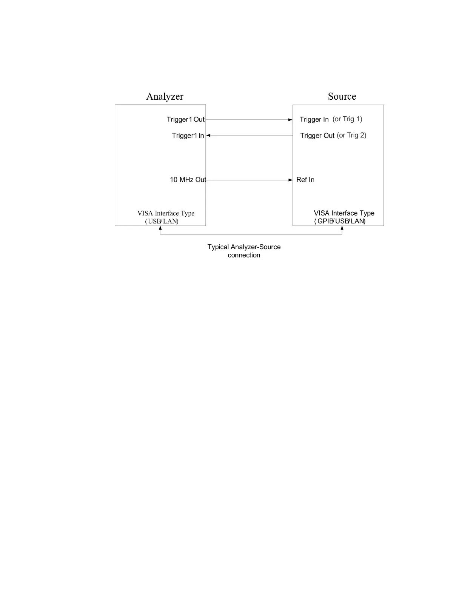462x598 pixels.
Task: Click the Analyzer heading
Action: click(x=165, y=97)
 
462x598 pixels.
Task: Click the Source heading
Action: click(x=342, y=97)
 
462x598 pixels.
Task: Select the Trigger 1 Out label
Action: click(x=185, y=120)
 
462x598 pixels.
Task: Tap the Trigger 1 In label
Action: click(x=188, y=136)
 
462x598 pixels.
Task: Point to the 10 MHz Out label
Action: click(x=188, y=180)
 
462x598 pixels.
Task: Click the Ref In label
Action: click(x=305, y=180)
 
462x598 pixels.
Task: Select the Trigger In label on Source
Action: click(x=314, y=120)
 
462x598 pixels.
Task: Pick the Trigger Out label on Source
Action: click(x=317, y=136)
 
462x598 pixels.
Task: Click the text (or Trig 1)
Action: click(x=347, y=119)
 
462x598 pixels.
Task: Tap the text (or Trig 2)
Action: click(x=351, y=135)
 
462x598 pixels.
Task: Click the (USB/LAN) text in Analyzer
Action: click(x=162, y=221)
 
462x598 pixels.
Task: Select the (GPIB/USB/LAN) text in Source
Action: click(x=340, y=221)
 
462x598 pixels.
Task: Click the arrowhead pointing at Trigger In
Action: click(x=290, y=120)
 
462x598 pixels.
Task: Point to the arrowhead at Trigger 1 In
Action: click(x=208, y=136)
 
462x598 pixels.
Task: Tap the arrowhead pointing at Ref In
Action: click(x=290, y=180)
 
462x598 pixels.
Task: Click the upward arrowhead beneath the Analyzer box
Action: click(x=160, y=228)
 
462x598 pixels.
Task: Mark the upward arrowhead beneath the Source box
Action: click(x=342, y=228)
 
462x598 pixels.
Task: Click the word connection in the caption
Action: click(x=244, y=255)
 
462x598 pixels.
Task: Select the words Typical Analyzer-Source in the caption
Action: click(x=244, y=247)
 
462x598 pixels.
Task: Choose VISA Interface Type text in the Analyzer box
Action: click(x=166, y=213)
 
